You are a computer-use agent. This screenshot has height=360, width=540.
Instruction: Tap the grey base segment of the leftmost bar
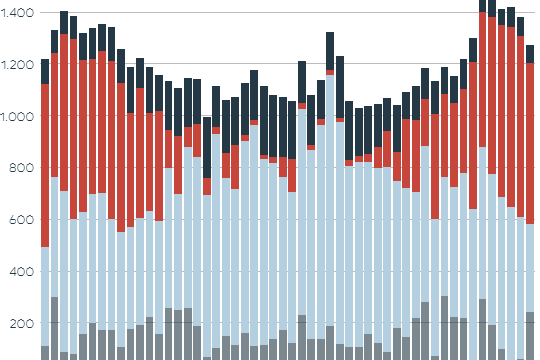click(x=45, y=353)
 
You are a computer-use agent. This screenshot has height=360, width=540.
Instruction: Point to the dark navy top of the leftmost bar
click(x=45, y=71)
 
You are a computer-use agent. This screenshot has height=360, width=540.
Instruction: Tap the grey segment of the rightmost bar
click(x=531, y=336)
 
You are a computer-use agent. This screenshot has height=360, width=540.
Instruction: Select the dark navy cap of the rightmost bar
click(x=531, y=54)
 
